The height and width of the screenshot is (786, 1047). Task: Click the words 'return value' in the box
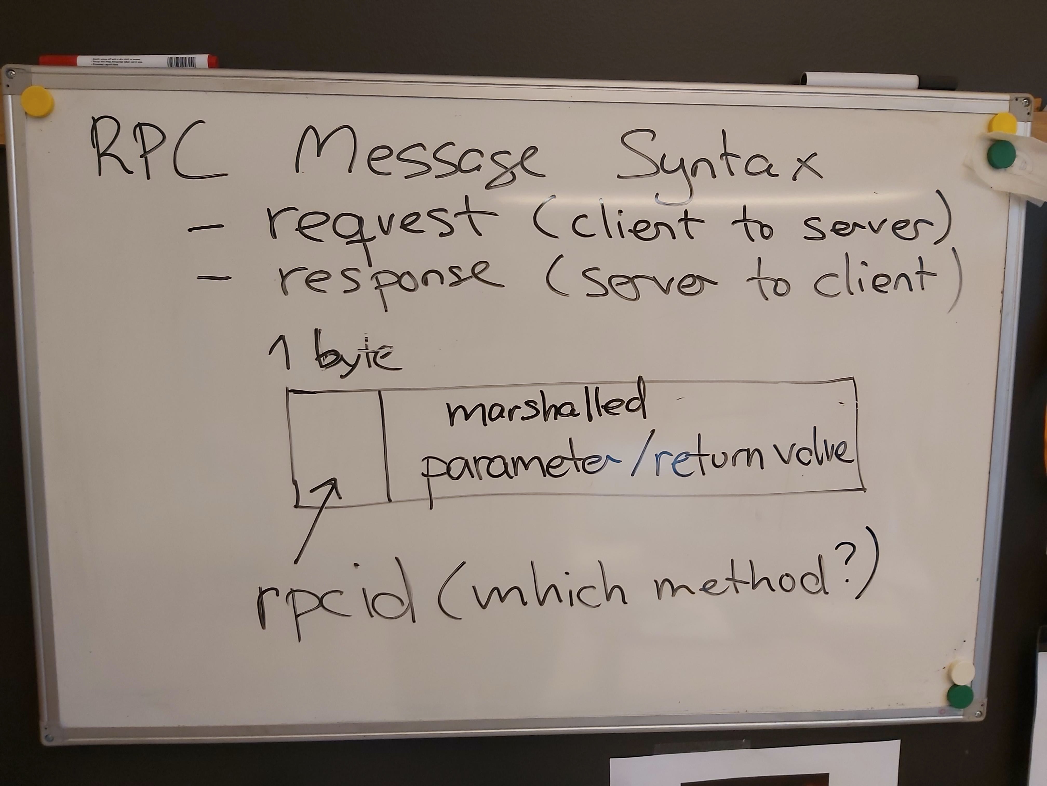(x=753, y=460)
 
